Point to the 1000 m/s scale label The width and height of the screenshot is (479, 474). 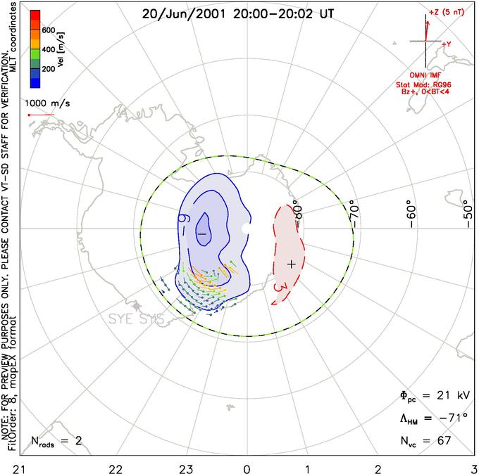click(x=49, y=103)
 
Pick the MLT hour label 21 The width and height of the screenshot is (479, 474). click(x=6, y=468)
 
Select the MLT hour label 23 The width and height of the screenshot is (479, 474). click(x=186, y=468)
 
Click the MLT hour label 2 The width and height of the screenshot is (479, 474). click(x=378, y=468)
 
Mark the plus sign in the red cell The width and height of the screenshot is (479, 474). click(x=292, y=263)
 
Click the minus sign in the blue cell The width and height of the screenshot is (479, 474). click(x=202, y=233)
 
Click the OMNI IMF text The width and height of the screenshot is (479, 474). click(x=430, y=75)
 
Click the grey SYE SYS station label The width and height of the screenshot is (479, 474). click(x=135, y=319)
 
